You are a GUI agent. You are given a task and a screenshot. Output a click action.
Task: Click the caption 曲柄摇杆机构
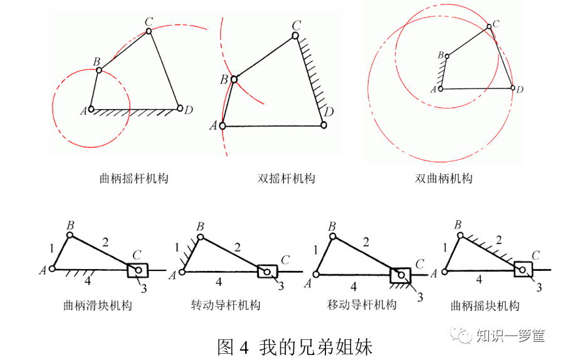click(134, 179)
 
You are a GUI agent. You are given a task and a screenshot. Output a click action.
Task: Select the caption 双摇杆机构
click(287, 179)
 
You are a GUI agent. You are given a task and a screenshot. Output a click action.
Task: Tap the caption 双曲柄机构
click(444, 179)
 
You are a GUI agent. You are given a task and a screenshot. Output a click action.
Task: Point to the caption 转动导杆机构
click(226, 305)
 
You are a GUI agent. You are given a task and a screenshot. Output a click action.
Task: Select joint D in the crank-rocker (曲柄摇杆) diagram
click(180, 109)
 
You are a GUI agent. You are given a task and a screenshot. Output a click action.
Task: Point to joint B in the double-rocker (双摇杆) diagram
click(234, 80)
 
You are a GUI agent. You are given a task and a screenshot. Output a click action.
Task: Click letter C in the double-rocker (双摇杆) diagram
click(297, 25)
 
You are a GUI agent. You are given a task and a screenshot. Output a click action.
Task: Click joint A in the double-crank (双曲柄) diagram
click(440, 89)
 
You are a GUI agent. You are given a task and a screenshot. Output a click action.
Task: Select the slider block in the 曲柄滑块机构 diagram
click(137, 270)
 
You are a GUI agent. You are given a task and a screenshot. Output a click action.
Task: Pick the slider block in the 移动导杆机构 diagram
click(399, 275)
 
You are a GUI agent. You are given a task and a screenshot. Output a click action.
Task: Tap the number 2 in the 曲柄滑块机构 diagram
click(105, 241)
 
